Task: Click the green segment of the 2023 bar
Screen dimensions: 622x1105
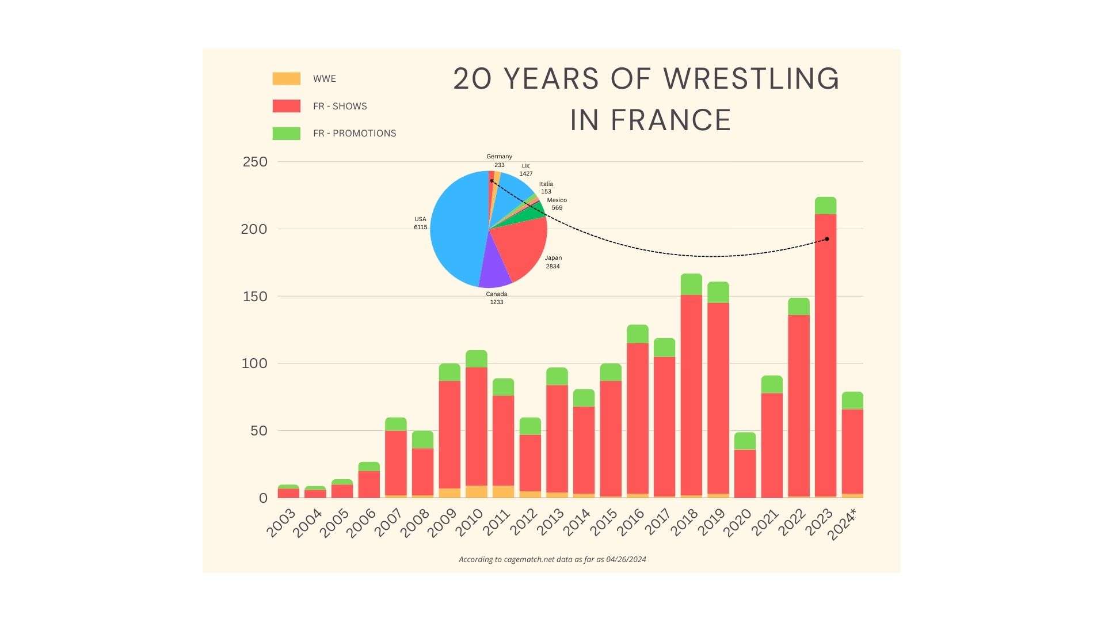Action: (825, 206)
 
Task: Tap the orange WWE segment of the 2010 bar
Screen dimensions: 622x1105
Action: (476, 491)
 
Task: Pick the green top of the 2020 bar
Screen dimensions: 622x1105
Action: (745, 441)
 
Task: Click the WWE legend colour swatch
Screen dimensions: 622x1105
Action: (286, 79)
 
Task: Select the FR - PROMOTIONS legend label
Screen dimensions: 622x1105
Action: (355, 134)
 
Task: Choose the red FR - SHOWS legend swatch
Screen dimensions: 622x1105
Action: (286, 106)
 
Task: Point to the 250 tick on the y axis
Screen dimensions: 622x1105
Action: (255, 162)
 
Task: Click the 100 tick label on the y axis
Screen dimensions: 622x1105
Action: (254, 363)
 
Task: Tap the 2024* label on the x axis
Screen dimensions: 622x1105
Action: (843, 525)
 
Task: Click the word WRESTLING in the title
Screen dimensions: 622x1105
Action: (751, 79)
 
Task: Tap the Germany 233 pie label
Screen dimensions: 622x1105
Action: (499, 161)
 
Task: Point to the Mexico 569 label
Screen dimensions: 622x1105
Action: (557, 204)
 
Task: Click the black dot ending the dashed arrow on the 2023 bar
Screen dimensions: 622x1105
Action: (827, 239)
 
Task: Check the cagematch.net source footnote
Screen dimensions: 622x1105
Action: (552, 559)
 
